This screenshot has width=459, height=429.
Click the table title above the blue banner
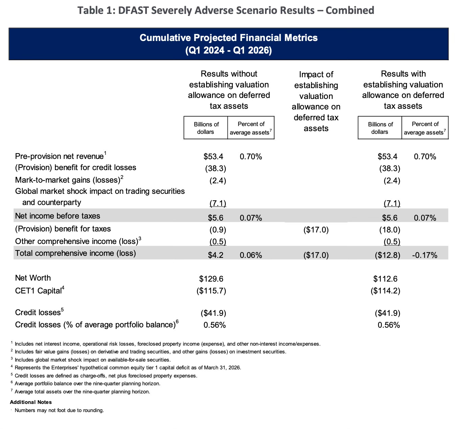pyautogui.click(x=226, y=11)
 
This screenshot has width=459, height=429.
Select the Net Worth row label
pyautogui.click(x=33, y=278)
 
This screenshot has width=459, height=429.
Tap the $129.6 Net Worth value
pyautogui.click(x=211, y=279)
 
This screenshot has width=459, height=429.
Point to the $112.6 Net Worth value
pyautogui.click(x=385, y=279)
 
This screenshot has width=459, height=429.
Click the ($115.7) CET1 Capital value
pyautogui.click(x=211, y=291)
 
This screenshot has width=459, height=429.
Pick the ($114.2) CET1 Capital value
pyautogui.click(x=385, y=291)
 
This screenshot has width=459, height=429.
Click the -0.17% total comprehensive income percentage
pyautogui.click(x=424, y=255)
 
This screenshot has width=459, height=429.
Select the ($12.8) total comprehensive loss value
pyautogui.click(x=387, y=255)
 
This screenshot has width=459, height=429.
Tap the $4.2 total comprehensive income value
pyautogui.click(x=216, y=255)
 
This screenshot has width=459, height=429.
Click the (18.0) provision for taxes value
pyautogui.click(x=390, y=230)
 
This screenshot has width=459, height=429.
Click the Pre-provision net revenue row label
pyautogui.click(x=59, y=156)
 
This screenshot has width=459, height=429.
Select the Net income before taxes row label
pyautogui.click(x=58, y=216)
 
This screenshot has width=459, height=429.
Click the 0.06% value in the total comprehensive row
pyautogui.click(x=250, y=255)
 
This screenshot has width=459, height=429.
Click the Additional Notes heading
pyautogui.click(x=31, y=402)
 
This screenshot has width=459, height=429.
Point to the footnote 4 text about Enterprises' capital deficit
pyautogui.click(x=128, y=368)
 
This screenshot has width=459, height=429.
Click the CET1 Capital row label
pyautogui.click(x=38, y=290)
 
